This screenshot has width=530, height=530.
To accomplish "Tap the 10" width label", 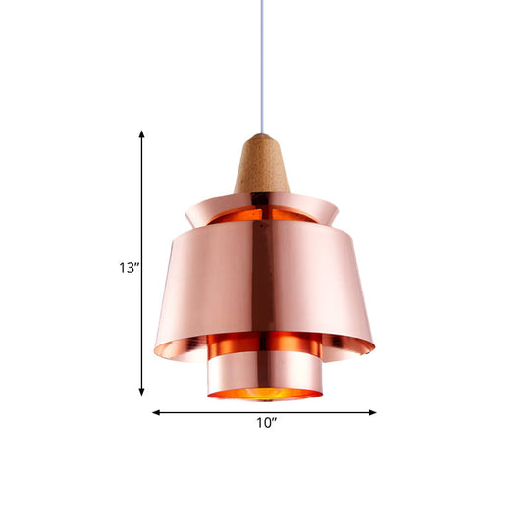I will [x=265, y=424].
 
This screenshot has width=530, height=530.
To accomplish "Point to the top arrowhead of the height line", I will [x=143, y=135].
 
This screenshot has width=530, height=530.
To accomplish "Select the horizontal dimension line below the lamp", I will [x=216, y=412].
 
